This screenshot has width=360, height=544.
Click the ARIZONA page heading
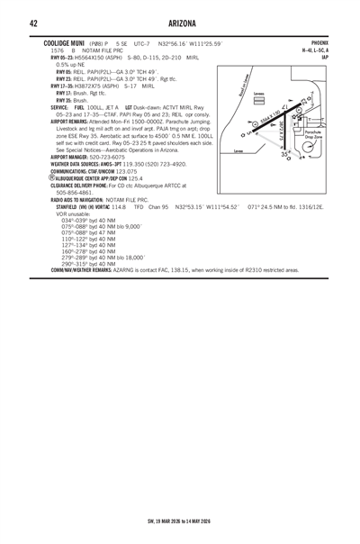180,23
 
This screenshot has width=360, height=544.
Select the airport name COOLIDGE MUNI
65,42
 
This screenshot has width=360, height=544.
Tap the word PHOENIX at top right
319,42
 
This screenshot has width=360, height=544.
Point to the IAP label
325,58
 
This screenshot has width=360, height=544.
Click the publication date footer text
180,520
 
